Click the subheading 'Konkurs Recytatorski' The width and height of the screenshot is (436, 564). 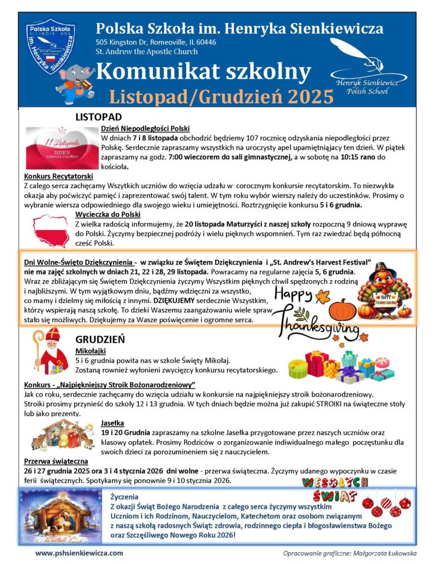coord(58,176)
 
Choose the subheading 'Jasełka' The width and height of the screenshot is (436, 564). coord(112,423)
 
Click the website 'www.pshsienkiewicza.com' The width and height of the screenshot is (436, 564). coord(79,553)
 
